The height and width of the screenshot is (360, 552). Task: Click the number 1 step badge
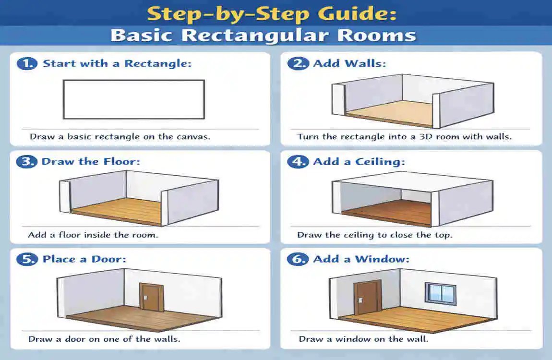[27, 63]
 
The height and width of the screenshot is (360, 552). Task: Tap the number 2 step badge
[298, 63]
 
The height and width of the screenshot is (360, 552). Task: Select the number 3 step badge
[26, 161]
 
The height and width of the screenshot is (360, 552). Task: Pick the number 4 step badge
[298, 162]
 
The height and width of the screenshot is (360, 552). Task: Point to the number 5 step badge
[27, 259]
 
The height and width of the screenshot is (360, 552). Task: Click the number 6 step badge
[298, 259]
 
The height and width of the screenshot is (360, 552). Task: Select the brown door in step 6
[367, 299]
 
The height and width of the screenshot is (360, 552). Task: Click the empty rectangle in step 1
[134, 99]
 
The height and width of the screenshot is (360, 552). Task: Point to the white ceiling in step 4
[413, 181]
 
